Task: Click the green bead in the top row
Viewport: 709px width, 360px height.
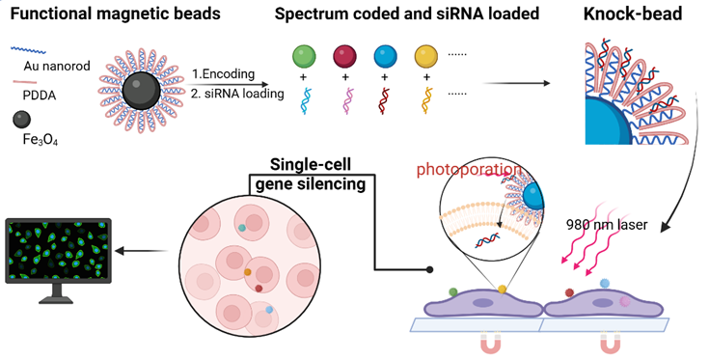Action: (304, 57)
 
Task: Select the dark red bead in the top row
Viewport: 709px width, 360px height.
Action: (344, 57)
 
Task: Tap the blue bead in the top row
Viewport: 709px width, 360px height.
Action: (385, 57)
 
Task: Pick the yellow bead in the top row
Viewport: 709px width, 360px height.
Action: (426, 57)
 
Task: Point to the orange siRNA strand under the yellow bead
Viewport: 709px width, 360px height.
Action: (426, 100)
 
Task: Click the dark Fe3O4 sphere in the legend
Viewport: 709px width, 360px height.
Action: (21, 120)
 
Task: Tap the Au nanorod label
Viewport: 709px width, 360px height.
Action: (57, 67)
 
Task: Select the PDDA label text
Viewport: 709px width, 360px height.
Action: (40, 96)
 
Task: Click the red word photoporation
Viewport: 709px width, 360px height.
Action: (469, 170)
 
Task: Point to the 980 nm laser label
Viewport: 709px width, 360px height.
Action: (607, 224)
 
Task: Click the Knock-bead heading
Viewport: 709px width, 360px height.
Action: (633, 14)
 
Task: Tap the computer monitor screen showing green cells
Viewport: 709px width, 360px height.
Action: (58, 251)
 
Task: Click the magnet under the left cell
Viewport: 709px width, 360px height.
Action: (491, 344)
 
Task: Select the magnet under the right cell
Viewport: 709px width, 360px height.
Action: (612, 344)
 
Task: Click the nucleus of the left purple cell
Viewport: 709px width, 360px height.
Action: (482, 303)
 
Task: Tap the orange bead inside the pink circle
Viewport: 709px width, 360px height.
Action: (247, 272)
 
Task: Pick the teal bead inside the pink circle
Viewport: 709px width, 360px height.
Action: (242, 228)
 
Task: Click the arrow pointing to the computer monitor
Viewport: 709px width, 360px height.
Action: (142, 251)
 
